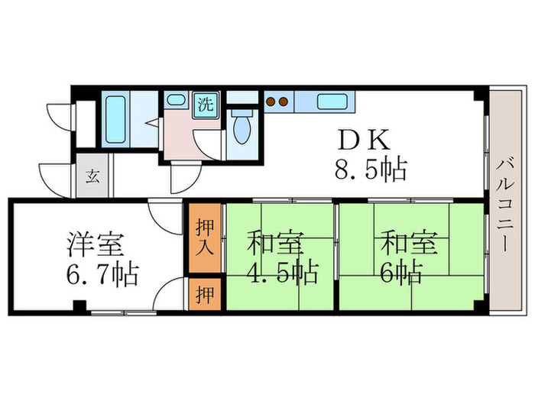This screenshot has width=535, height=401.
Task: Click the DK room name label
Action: pos(365,141)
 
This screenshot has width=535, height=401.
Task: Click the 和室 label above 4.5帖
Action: pos(274,245)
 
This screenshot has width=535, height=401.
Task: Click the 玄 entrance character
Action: pos(92,177)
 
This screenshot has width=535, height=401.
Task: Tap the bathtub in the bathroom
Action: pos(115,118)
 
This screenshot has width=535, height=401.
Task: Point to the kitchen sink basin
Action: pos(332,102)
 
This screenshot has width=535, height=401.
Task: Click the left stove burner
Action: pos(270,101)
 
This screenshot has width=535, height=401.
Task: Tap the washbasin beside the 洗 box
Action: pos(177,100)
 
